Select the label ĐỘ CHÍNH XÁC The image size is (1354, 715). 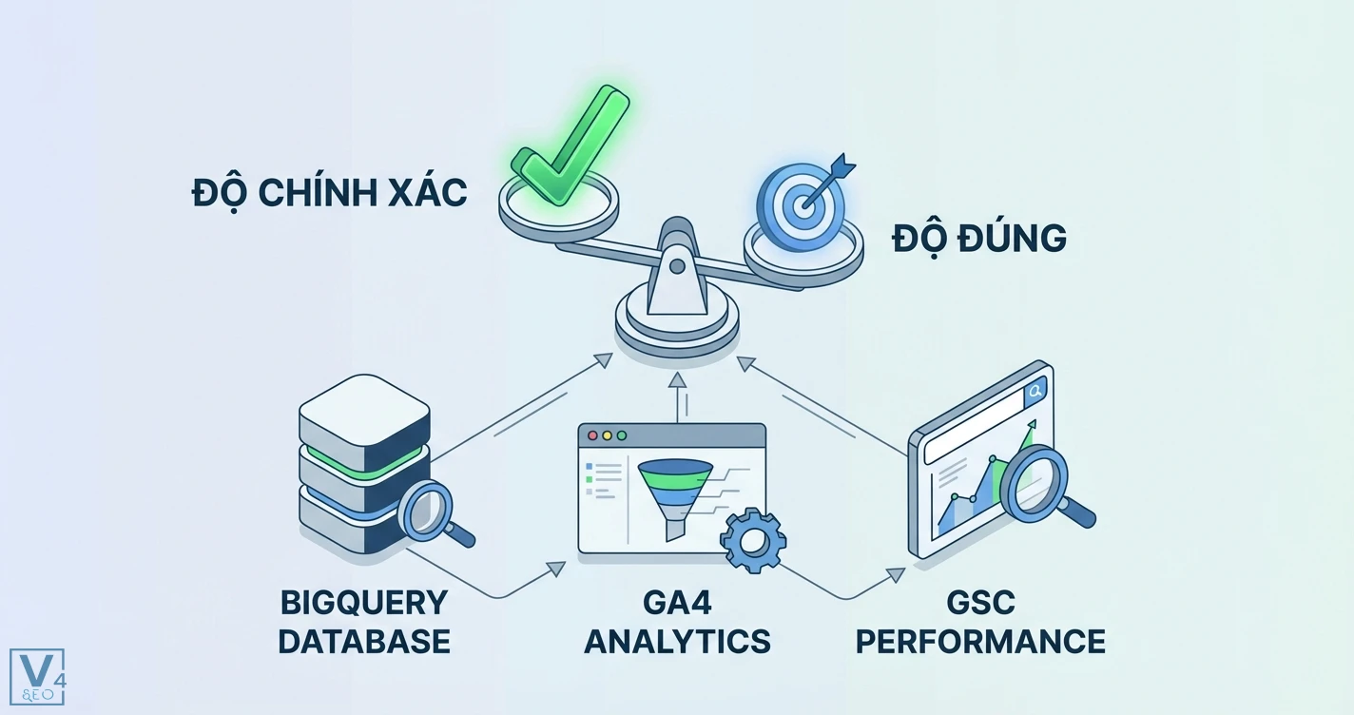330,193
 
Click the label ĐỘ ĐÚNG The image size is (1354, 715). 979,238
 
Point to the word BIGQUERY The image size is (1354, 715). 364,603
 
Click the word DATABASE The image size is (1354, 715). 364,641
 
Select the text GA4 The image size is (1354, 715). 677,603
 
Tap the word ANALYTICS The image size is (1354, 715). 677,641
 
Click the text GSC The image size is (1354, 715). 980,603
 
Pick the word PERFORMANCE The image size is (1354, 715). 980,641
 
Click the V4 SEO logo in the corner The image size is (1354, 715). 37,677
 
